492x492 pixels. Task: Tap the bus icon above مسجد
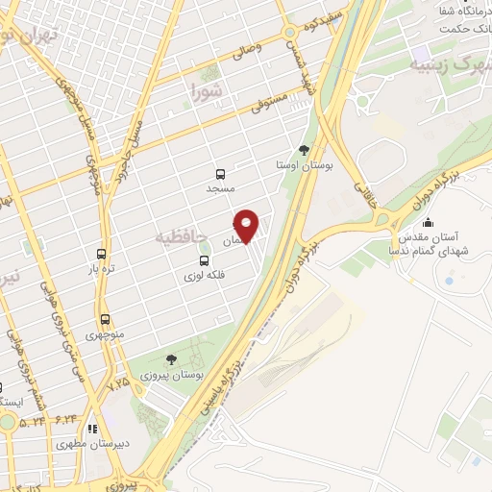click(x=221, y=175)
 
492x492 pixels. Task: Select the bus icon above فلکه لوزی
click(x=203, y=260)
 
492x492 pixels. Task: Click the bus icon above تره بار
click(x=102, y=255)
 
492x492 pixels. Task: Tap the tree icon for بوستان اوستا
click(x=305, y=150)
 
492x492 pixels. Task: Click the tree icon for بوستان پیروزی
click(x=171, y=359)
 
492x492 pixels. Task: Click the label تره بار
click(x=102, y=270)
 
